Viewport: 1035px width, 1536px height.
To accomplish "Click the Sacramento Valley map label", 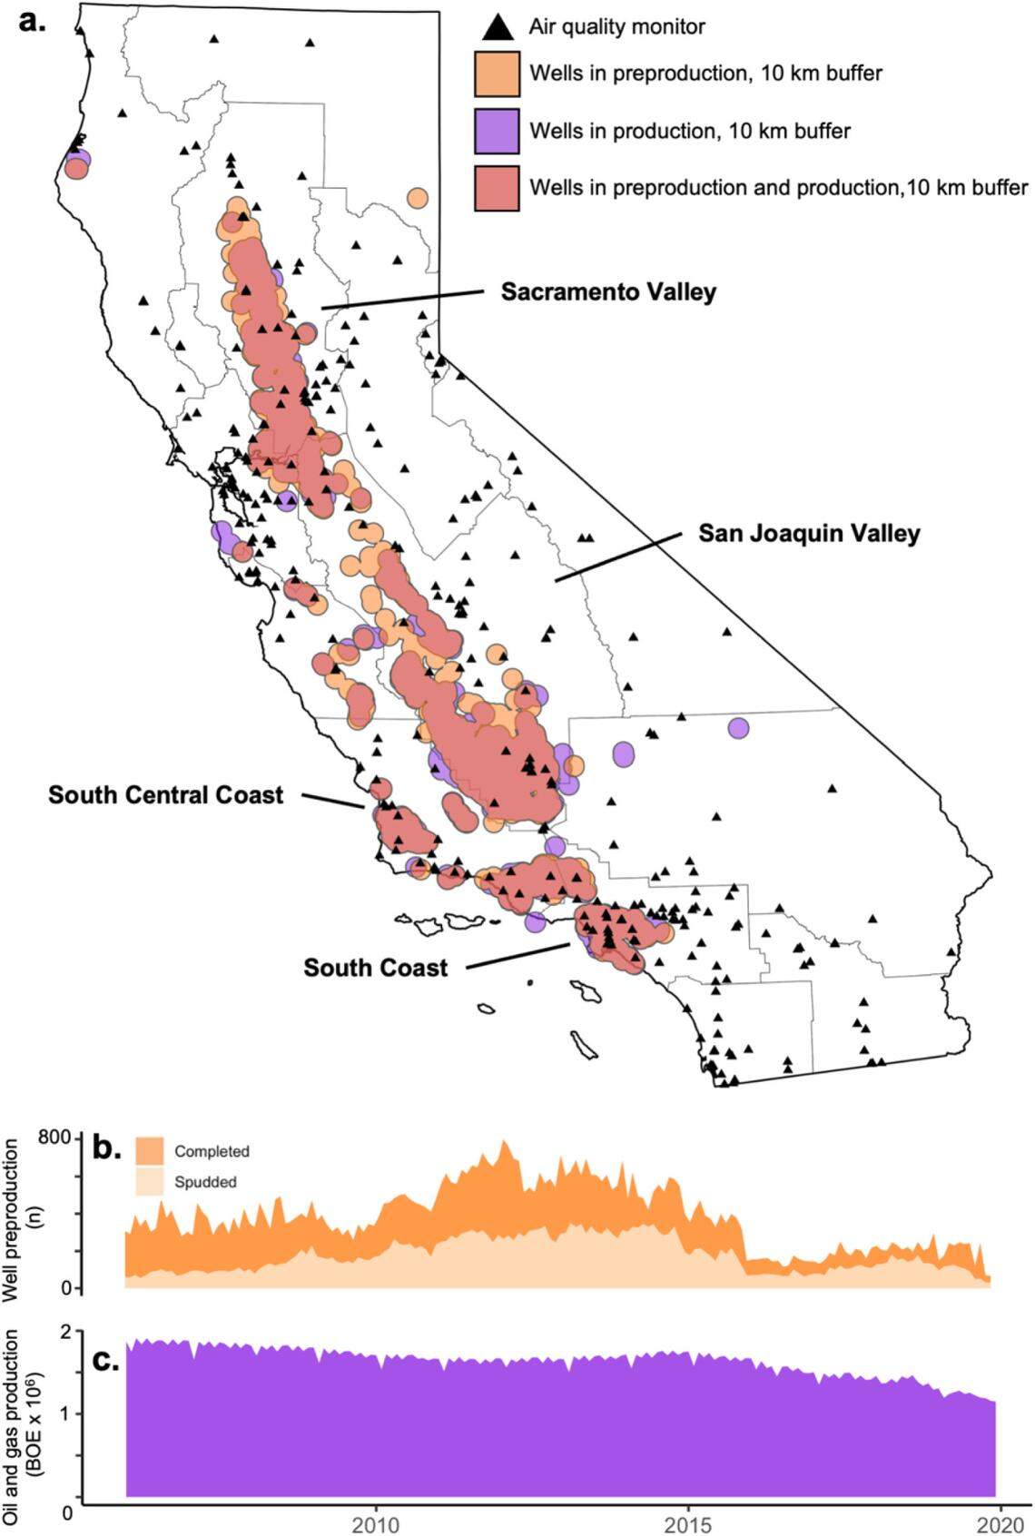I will coord(608,292).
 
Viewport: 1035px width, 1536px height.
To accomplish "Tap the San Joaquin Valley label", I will coord(809,533).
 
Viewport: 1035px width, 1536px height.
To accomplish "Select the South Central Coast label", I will coord(166,795).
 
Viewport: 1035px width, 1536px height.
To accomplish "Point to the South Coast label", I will coord(375,968).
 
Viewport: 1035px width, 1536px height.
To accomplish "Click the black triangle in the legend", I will coord(497,27).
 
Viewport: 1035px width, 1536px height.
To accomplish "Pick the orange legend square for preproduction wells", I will coord(497,74).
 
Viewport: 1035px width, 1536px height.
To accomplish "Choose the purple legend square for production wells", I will coord(497,131).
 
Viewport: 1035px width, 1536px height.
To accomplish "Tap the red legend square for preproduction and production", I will coord(497,188).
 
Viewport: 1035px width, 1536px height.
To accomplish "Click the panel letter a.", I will coord(32,20).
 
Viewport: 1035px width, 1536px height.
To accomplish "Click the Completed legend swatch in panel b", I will coord(150,1151).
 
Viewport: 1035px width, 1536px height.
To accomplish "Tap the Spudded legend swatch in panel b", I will coord(150,1182).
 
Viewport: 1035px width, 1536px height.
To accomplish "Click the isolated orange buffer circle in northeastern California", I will coord(418,197).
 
